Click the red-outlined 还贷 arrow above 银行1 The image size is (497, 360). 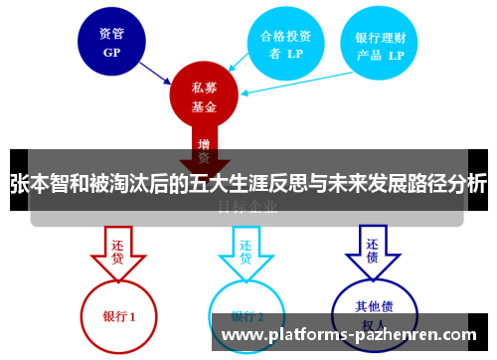coord(117,252)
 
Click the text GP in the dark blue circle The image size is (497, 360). coord(111,53)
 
